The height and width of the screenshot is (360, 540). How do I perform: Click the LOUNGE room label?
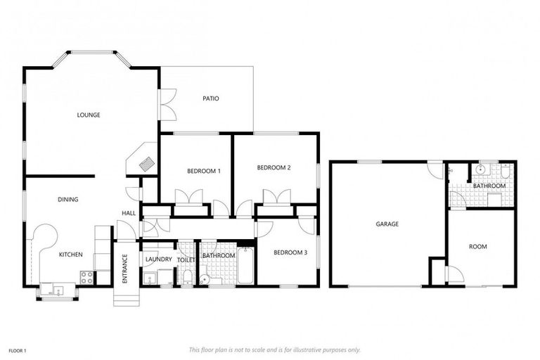click(89, 115)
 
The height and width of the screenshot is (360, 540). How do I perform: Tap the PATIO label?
click(211, 98)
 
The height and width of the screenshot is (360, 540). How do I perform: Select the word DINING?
click(67, 200)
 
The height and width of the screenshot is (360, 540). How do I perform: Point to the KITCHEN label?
click(70, 255)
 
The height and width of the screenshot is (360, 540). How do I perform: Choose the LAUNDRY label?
click(158, 259)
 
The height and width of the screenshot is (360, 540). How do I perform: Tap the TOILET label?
click(186, 259)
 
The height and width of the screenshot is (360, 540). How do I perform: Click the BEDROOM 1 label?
click(204, 171)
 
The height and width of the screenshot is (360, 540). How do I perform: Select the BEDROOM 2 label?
click(274, 167)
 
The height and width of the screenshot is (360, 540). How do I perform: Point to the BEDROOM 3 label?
click(290, 252)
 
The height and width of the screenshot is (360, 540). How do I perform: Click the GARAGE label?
click(387, 224)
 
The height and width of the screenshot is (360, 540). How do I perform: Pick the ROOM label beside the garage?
click(478, 247)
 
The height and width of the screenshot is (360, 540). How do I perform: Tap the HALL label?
click(129, 213)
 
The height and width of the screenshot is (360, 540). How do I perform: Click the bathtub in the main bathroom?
click(245, 266)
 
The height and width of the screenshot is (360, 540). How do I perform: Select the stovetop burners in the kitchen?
click(87, 277)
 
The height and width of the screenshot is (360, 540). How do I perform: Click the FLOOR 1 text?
click(18, 349)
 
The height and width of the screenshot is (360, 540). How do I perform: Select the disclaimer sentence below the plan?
click(274, 349)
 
